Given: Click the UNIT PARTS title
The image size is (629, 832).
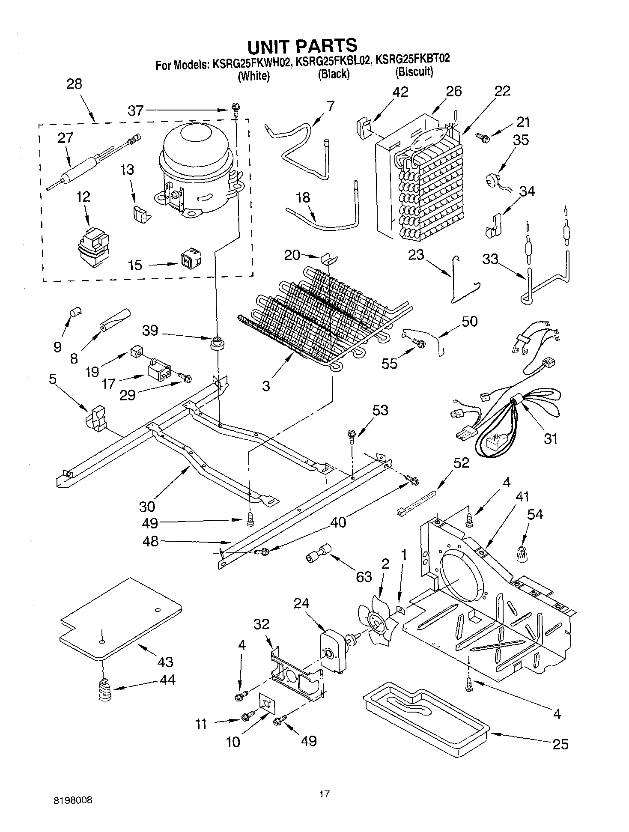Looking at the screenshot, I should [x=303, y=45].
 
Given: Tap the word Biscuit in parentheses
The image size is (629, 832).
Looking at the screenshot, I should [x=414, y=72].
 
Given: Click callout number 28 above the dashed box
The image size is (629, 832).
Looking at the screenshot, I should [x=74, y=84].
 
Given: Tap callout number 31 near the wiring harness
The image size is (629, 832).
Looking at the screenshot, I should [x=550, y=438].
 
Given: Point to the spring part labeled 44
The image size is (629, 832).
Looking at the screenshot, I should [x=104, y=690].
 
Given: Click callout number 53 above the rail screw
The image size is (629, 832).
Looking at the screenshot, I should [x=380, y=410].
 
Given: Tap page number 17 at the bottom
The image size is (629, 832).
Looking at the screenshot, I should [x=324, y=795].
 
